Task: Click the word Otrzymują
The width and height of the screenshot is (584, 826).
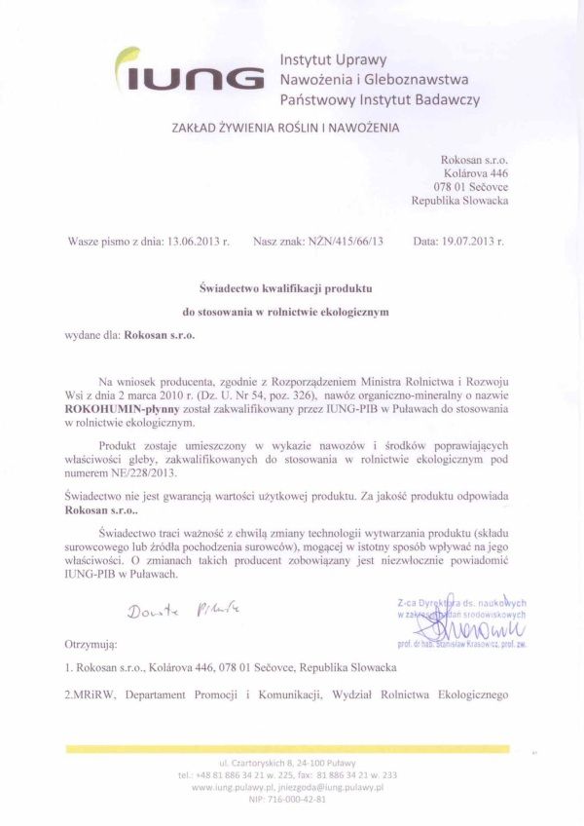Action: pyautogui.click(x=91, y=645)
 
